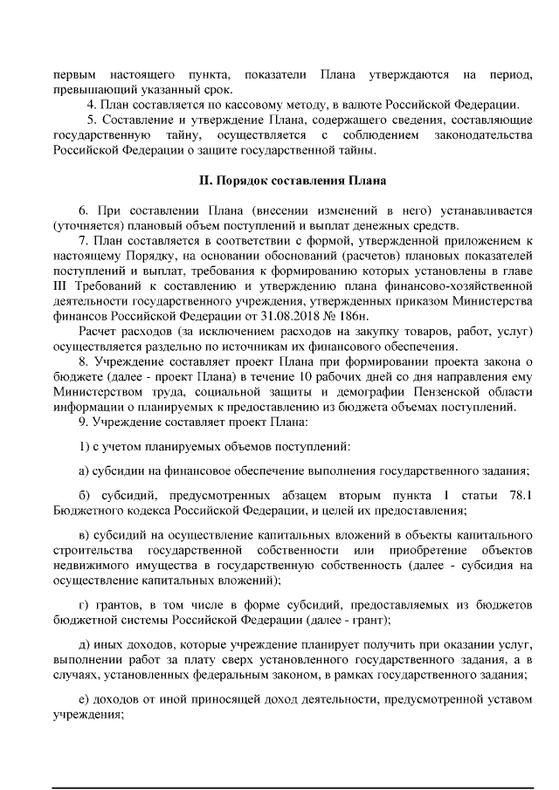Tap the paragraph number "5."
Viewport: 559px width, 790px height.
point(92,120)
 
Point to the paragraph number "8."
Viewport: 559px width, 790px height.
point(84,362)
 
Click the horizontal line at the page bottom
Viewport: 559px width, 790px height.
point(289,766)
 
